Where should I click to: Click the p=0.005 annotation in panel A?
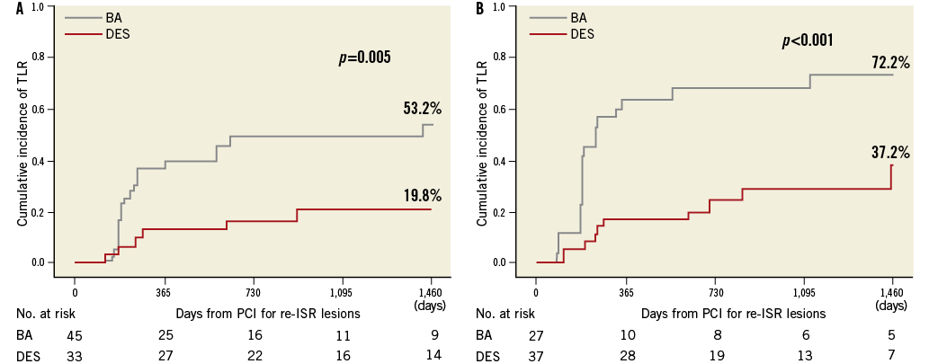point(363,58)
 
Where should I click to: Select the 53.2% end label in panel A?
point(422,109)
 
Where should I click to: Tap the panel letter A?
point(20,8)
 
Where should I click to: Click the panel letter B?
point(479,8)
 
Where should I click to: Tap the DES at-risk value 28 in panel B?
point(627,355)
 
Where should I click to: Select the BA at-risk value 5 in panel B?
point(891,335)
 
